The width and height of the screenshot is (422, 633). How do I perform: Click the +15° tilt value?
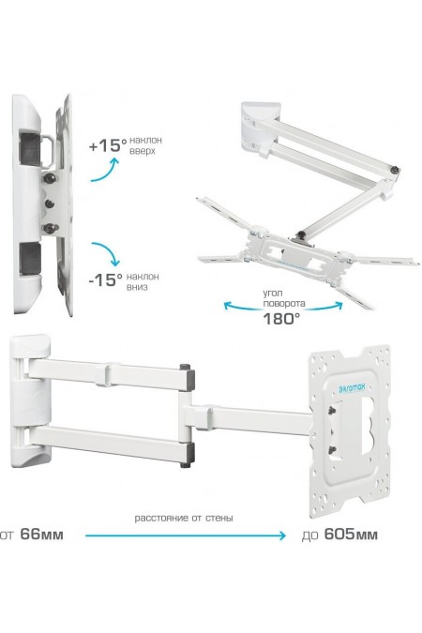coord(108,145)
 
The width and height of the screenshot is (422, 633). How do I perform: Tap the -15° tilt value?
coord(105,279)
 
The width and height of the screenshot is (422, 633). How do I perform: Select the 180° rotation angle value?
coord(281,319)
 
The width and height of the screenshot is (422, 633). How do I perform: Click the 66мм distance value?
coord(41,535)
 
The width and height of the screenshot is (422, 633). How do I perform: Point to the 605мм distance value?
coord(351,535)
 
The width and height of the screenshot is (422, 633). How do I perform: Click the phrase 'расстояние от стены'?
coord(184,518)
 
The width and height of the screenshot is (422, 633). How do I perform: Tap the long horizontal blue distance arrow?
coord(186,535)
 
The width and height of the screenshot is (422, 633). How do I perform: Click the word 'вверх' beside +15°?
coord(142,151)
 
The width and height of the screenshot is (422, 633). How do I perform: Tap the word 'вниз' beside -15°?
coord(137,287)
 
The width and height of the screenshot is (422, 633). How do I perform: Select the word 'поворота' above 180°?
coord(284,303)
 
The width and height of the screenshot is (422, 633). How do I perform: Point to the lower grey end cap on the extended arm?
coord(187,455)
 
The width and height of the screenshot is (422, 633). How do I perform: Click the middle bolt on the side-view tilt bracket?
coord(50,203)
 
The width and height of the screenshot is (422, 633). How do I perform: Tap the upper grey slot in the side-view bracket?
coord(30,149)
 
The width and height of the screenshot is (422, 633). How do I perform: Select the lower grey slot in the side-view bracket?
coord(30,259)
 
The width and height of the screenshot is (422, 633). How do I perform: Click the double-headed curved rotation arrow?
coord(282,309)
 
